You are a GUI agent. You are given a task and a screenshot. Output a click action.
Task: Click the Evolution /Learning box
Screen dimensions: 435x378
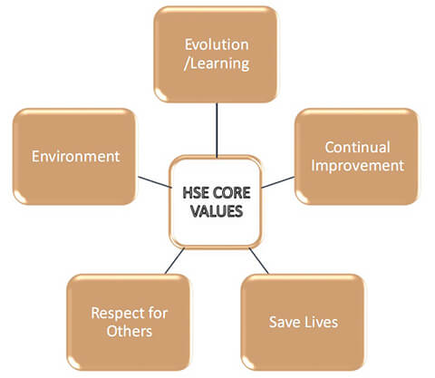[216, 54]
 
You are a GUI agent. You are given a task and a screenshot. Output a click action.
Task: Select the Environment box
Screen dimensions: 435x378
[74, 157]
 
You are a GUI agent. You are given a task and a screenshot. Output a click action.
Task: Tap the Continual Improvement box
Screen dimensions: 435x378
[357, 157]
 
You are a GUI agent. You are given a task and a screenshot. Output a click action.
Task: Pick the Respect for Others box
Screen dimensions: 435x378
[129, 322]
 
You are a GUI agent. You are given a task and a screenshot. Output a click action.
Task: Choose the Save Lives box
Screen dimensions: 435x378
[303, 322]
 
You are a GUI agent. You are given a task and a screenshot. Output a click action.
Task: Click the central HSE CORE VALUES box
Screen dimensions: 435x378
[216, 202]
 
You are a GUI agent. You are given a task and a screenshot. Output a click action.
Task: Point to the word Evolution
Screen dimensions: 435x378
[217, 44]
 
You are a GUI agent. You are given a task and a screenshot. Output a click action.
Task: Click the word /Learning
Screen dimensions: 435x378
[217, 63]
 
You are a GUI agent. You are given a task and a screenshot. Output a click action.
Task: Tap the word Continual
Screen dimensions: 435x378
[357, 147]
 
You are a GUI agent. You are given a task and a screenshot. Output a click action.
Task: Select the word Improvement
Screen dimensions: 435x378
[358, 166]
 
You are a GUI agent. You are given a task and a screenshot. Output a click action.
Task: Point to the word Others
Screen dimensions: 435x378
[130, 331]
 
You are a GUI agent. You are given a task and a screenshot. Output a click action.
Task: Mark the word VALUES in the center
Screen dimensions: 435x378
[217, 211]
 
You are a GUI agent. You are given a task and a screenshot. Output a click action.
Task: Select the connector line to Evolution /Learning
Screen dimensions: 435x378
[217, 130]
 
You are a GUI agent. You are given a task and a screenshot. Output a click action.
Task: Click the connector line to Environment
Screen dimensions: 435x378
[155, 182]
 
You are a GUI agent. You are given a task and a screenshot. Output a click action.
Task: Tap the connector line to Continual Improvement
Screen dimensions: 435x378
[278, 182]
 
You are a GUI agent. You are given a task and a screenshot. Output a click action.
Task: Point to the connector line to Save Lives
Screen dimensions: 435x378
[258, 261]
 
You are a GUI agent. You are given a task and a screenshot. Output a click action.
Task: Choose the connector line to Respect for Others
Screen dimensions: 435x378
[174, 261]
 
